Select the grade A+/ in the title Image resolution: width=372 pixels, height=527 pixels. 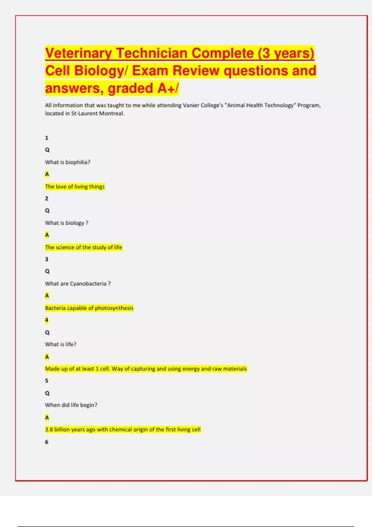[168, 88]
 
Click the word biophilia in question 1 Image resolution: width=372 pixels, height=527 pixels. [77, 162]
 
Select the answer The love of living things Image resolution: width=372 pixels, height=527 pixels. [75, 187]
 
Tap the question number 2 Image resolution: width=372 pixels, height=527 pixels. [47, 199]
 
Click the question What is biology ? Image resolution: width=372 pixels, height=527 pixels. [67, 223]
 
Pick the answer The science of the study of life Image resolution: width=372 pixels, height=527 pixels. [83, 247]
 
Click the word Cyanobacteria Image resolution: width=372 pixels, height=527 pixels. [88, 284]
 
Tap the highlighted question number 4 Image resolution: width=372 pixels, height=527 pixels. [47, 320]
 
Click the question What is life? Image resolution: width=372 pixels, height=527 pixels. [60, 344]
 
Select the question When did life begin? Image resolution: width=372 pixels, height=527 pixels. [71, 405]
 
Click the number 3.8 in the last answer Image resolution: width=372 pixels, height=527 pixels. [49, 430]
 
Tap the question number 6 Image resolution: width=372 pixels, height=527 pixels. [47, 442]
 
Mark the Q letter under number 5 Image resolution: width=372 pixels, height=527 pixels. [47, 393]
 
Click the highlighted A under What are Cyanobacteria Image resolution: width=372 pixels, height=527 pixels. [47, 296]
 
